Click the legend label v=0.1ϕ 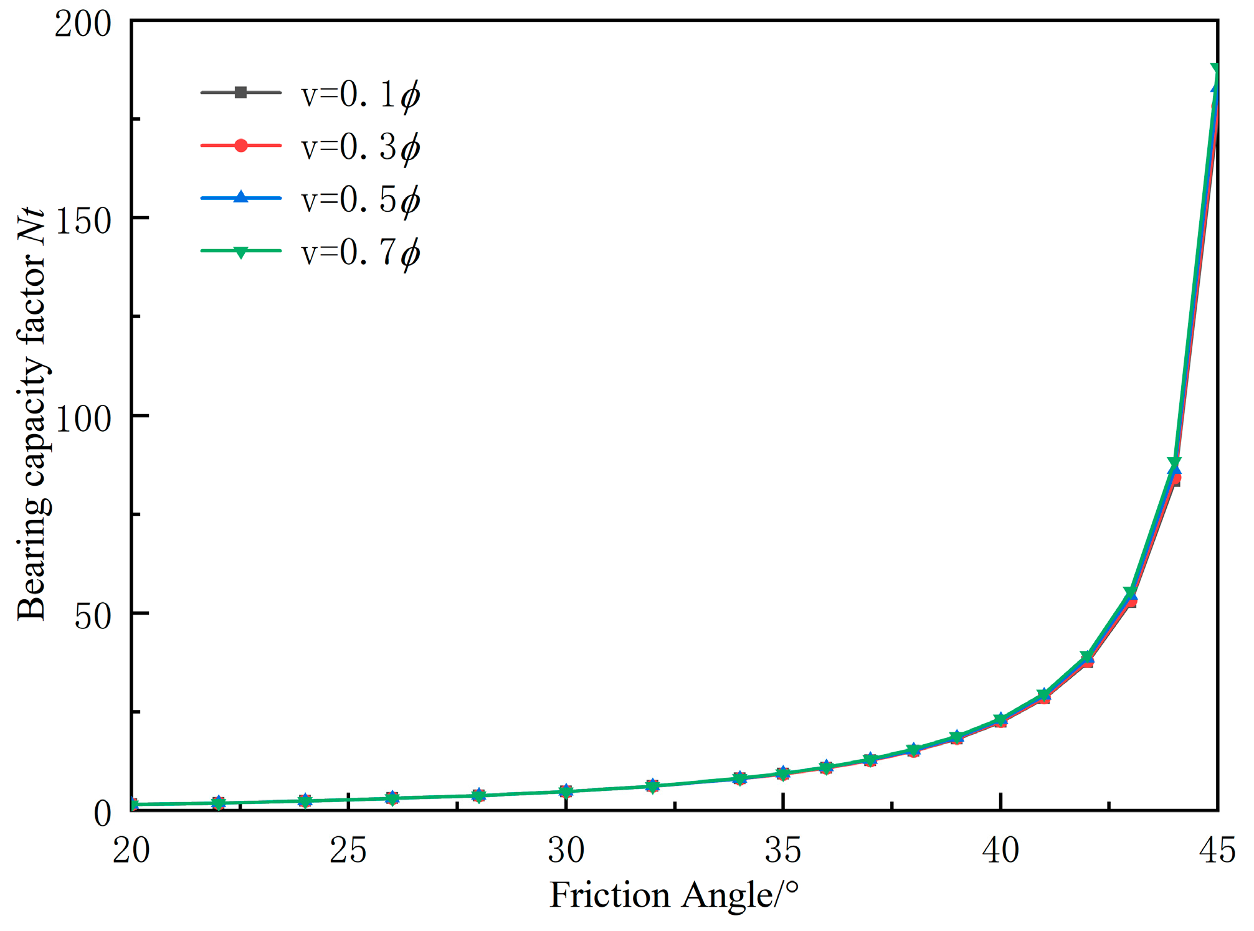point(360,95)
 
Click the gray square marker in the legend point(241,93)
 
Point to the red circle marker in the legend point(241,146)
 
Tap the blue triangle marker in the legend point(241,198)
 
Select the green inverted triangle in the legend point(241,252)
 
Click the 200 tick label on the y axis point(83,25)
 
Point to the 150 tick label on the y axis point(83,221)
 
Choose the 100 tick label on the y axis point(83,418)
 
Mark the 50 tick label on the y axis point(92,616)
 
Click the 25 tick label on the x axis point(348,850)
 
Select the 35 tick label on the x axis point(782,850)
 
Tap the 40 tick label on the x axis point(1000,850)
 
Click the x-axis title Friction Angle point(673,896)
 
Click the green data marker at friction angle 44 point(1174,463)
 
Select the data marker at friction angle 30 point(566,792)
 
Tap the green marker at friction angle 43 point(1131,592)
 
